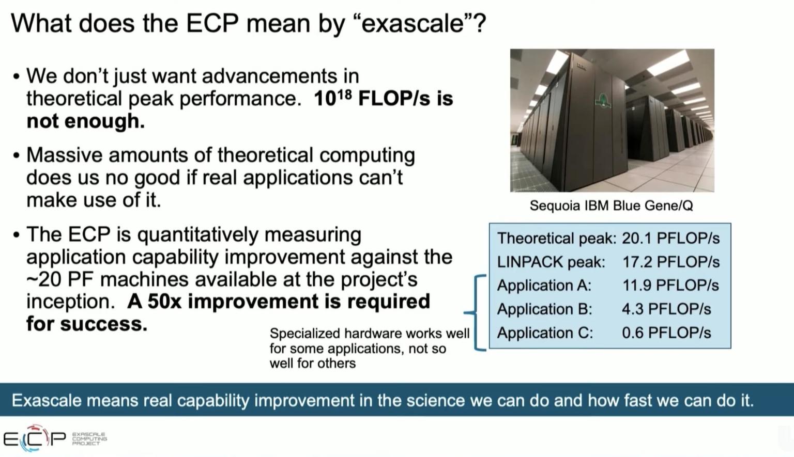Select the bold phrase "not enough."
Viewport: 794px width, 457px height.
[85, 121]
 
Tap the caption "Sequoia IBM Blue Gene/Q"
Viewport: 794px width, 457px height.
[611, 206]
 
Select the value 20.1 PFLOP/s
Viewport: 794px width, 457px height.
[670, 238]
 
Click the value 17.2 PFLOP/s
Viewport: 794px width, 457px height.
[670, 262]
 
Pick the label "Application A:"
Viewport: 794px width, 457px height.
[544, 286]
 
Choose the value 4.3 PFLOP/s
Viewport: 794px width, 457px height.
[666, 309]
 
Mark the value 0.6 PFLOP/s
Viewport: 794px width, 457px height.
[666, 333]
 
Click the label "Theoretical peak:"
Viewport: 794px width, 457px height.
[556, 238]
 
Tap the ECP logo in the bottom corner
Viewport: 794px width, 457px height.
[35, 438]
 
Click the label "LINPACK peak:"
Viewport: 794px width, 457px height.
[551, 262]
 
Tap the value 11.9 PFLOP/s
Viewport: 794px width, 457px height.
[670, 286]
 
